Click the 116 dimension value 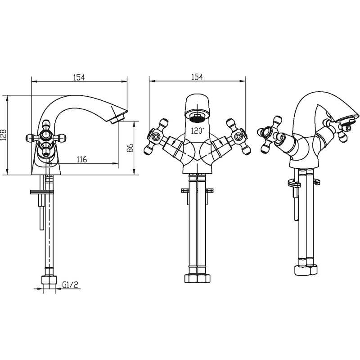click(x=82, y=159)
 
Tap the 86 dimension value click(x=130, y=148)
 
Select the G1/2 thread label click(x=70, y=284)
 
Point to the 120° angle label click(x=198, y=130)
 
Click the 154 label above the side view click(x=79, y=77)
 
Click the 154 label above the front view click(x=197, y=77)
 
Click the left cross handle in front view click(x=156, y=137)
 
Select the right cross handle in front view click(x=239, y=137)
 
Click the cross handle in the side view click(x=45, y=138)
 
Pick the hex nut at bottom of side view click(x=49, y=280)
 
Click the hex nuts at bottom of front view click(x=197, y=278)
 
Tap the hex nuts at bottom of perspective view click(x=306, y=270)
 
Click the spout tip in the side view click(x=119, y=116)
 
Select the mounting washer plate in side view click(x=42, y=192)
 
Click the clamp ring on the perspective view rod click(x=294, y=184)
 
